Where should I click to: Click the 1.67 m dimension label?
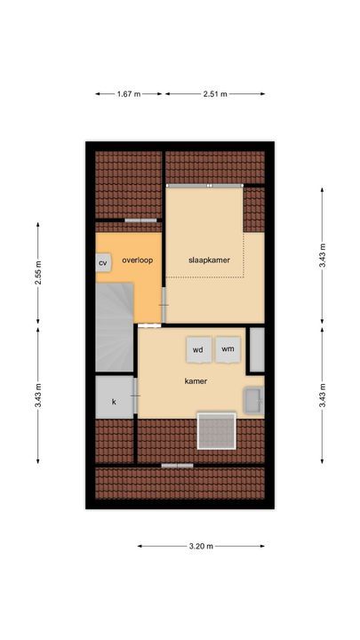[129, 94]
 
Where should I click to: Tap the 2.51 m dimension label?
[215, 94]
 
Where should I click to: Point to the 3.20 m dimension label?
[201, 546]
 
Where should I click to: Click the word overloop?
[138, 260]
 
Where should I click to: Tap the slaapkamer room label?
[209, 260]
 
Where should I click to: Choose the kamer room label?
[196, 381]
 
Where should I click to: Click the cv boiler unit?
[103, 263]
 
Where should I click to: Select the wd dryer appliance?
[198, 349]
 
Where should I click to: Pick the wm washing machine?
[228, 349]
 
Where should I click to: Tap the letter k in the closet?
[114, 402]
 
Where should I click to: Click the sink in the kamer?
[254, 400]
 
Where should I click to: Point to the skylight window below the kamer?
[216, 430]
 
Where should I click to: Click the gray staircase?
[115, 327]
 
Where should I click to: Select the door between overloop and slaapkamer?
[164, 305]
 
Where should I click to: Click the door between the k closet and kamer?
[135, 395]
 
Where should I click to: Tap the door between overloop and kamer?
[149, 325]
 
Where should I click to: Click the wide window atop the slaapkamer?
[205, 185]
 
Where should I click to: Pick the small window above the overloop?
[140, 220]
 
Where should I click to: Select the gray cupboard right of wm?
[257, 349]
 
